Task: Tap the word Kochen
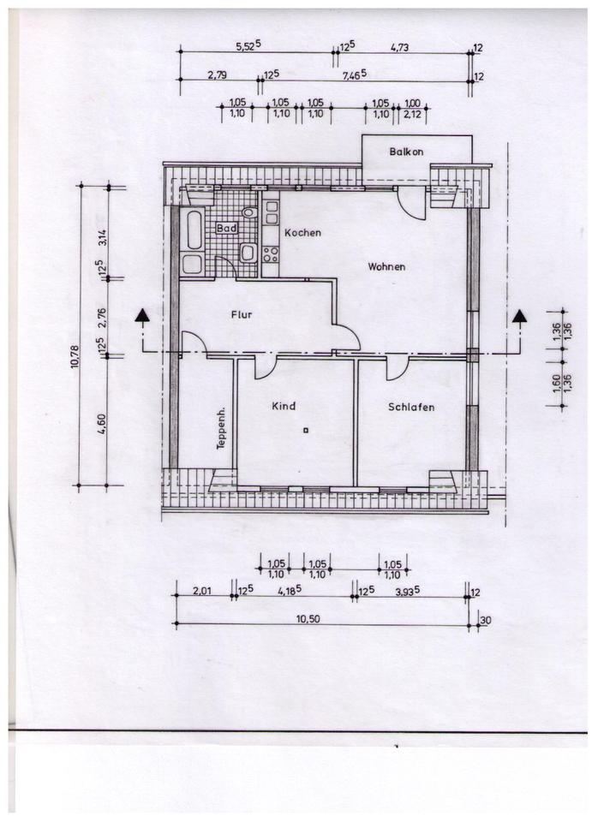pos(302,232)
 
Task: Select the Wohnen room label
pos(386,266)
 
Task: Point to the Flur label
pos(242,314)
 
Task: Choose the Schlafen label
pos(410,407)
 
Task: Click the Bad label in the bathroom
pos(225,229)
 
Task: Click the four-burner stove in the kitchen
pos(271,254)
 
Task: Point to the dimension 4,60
pos(102,422)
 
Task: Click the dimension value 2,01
pos(201,589)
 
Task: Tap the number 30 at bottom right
pos(487,619)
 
